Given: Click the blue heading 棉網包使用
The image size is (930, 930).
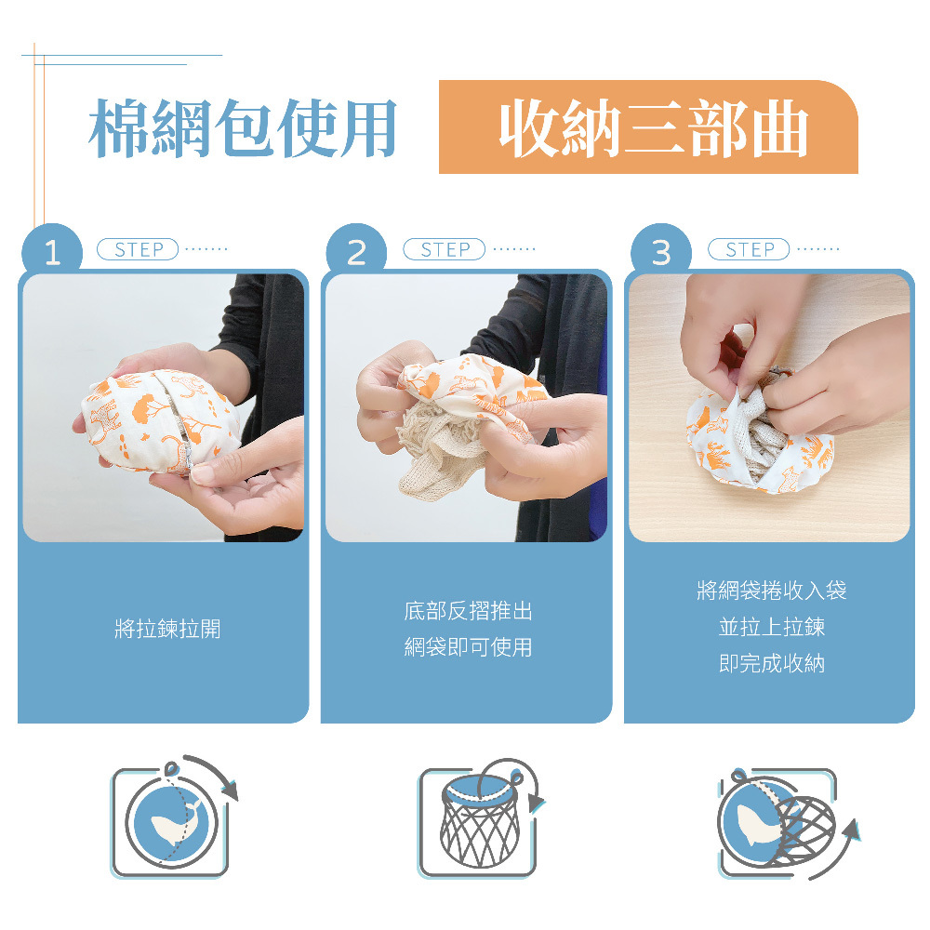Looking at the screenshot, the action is pyautogui.click(x=243, y=128).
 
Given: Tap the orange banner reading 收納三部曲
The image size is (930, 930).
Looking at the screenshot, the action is pyautogui.click(x=648, y=126).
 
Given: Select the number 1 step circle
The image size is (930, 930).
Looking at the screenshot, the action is pyautogui.click(x=52, y=251).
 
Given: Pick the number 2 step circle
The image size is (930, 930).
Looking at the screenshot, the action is pyautogui.click(x=356, y=251).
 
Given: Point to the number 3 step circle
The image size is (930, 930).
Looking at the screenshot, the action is pyautogui.click(x=661, y=251).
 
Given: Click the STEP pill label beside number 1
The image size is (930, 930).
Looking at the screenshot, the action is pyautogui.click(x=138, y=249).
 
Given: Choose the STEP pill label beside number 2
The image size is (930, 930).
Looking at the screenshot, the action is pyautogui.click(x=445, y=249).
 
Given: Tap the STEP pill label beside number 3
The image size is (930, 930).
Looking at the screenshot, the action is pyautogui.click(x=749, y=249).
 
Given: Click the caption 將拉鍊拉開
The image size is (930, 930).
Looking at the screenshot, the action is pyautogui.click(x=167, y=629).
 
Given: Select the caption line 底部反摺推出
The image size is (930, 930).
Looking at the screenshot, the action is pyautogui.click(x=468, y=611).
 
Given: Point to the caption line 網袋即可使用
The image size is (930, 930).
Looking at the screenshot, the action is pyautogui.click(x=468, y=646).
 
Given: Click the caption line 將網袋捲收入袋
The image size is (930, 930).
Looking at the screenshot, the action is pyautogui.click(x=772, y=591).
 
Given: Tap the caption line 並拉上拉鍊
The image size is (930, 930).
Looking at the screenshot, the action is pyautogui.click(x=772, y=627).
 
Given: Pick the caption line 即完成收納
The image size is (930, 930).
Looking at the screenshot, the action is pyautogui.click(x=772, y=663).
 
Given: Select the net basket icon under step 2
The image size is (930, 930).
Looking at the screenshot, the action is pyautogui.click(x=480, y=818).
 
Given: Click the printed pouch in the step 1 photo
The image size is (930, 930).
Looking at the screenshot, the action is pyautogui.click(x=159, y=422).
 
